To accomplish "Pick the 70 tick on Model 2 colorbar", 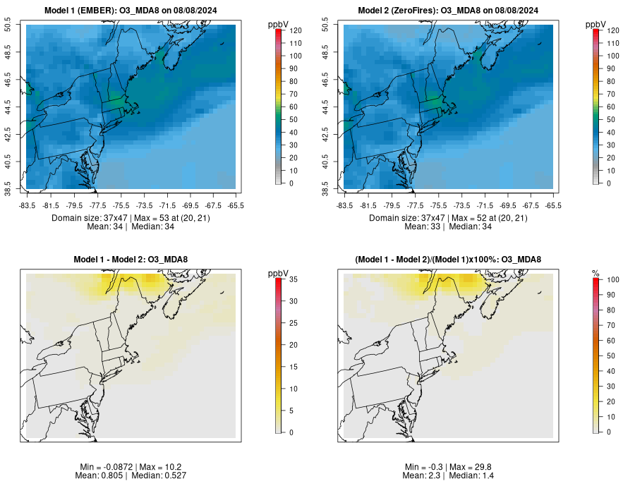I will coord(611,94).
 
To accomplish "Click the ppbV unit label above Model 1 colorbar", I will coord(279,25).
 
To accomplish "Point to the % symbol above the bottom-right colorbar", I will coord(596,273).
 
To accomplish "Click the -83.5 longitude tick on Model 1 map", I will coord(27,205).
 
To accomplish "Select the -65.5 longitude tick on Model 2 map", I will coord(553,205).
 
